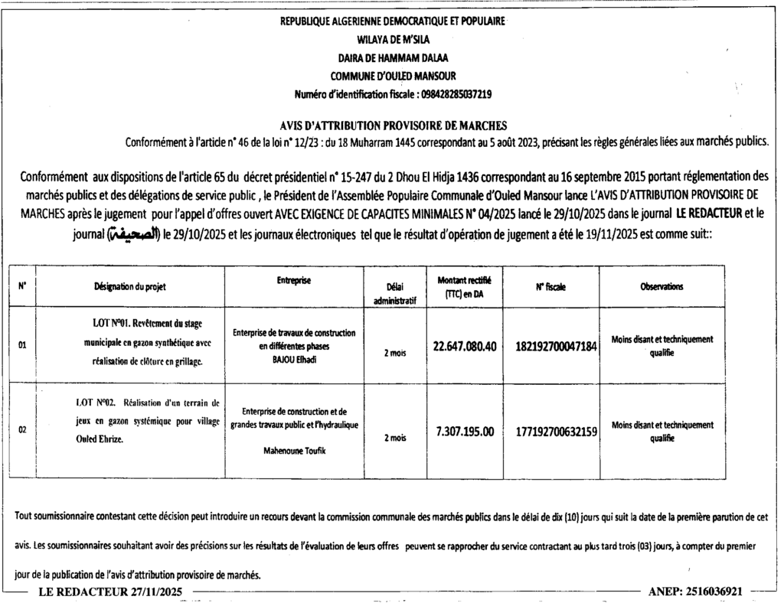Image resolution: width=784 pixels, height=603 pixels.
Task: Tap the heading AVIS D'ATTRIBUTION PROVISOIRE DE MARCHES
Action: tap(394, 125)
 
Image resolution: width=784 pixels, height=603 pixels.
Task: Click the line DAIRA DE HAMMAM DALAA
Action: tap(394, 57)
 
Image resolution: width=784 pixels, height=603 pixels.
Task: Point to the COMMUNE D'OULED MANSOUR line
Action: tap(394, 76)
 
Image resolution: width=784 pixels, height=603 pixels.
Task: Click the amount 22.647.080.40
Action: tap(465, 346)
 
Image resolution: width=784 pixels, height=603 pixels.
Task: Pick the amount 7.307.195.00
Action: tap(465, 431)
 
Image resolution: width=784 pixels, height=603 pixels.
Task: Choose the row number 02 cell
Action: tap(23, 431)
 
